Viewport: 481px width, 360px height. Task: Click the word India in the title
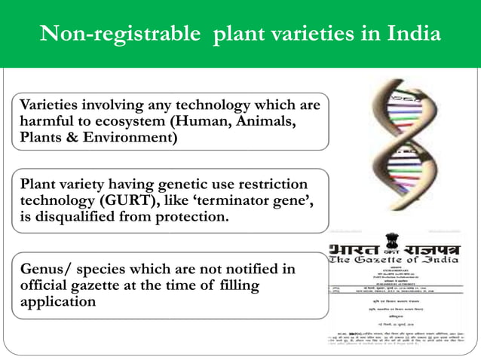click(x=412, y=35)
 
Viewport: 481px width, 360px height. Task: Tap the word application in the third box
click(x=58, y=303)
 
